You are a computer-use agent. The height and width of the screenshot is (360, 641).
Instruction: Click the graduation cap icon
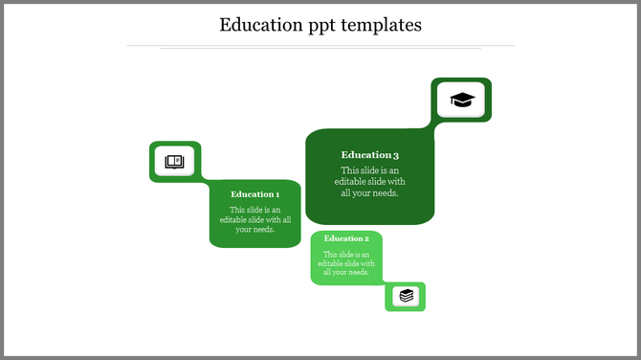(x=462, y=100)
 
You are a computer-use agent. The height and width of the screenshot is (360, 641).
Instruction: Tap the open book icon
(x=174, y=161)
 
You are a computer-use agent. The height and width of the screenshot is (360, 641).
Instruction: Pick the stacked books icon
(x=407, y=296)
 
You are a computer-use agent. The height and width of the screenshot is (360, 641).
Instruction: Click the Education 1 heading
(x=254, y=194)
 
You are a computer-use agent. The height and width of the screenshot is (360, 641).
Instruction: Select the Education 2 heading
(x=346, y=238)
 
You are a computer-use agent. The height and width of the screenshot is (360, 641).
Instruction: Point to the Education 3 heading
(x=369, y=155)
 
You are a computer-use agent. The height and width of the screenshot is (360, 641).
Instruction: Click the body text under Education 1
(x=255, y=219)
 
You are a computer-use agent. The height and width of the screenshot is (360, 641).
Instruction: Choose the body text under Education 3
(x=369, y=182)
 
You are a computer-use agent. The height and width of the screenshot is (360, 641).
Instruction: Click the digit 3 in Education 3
(x=395, y=155)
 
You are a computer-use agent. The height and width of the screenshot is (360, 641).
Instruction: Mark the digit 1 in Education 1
(x=276, y=194)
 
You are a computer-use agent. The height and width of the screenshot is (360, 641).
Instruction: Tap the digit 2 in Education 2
(x=366, y=238)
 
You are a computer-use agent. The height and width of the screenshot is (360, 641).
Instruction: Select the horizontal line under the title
(x=320, y=45)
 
